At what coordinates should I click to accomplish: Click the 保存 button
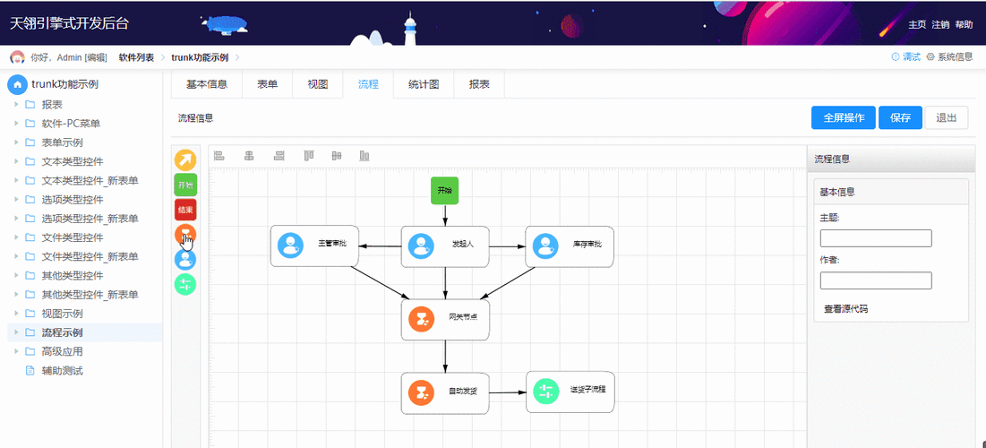pyautogui.click(x=900, y=117)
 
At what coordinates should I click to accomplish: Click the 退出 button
pyautogui.click(x=946, y=117)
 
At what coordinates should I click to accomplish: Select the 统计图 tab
pyautogui.click(x=423, y=84)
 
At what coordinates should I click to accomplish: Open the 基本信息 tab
pyautogui.click(x=206, y=84)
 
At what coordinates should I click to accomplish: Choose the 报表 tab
pyautogui.click(x=479, y=84)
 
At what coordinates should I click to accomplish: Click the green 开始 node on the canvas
pyautogui.click(x=444, y=190)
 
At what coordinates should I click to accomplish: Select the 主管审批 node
pyautogui.click(x=314, y=246)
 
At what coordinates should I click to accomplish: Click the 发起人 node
pyautogui.click(x=445, y=246)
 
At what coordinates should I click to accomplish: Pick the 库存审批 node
pyautogui.click(x=570, y=246)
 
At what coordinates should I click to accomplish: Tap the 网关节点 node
pyautogui.click(x=445, y=319)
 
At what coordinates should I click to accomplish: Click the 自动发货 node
pyautogui.click(x=445, y=392)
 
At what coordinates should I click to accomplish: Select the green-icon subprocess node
pyautogui.click(x=570, y=392)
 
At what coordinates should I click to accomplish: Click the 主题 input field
pyautogui.click(x=876, y=238)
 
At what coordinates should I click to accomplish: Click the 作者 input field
pyautogui.click(x=876, y=280)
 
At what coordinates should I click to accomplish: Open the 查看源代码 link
pyautogui.click(x=845, y=309)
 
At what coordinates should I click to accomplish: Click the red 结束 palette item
pyautogui.click(x=185, y=210)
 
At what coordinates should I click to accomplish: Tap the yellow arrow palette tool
pyautogui.click(x=185, y=160)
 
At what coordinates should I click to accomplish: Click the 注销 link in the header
pyautogui.click(x=940, y=24)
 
